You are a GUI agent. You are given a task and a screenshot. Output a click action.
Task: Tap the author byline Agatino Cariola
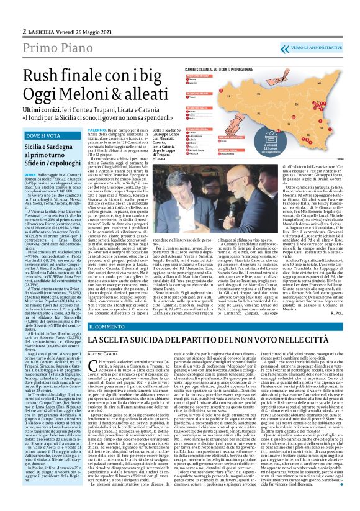tap(104, 353)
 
